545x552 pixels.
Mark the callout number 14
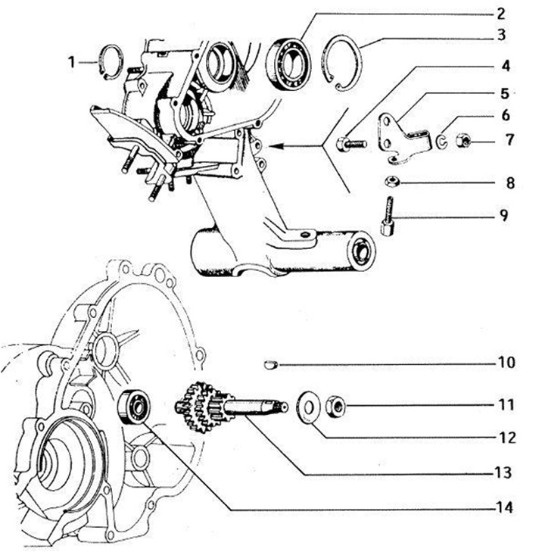(503, 507)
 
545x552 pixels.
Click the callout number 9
(504, 215)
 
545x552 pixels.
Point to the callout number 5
(505, 94)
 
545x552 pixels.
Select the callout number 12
(504, 438)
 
